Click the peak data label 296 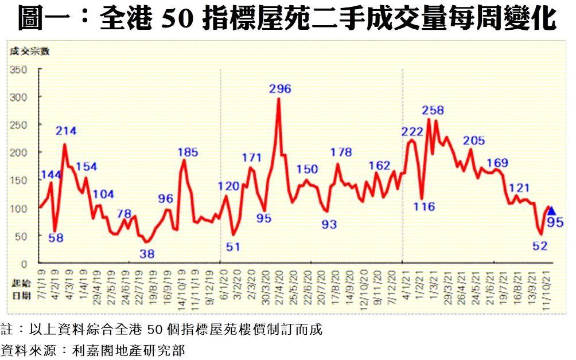pyautogui.click(x=281, y=89)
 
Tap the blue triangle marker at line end pyautogui.click(x=551, y=211)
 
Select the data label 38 pyautogui.click(x=147, y=253)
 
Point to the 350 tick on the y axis pyautogui.click(x=20, y=70)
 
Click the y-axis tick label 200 pyautogui.click(x=20, y=152)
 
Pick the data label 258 pyautogui.click(x=433, y=110)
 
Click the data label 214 pyautogui.click(x=66, y=131)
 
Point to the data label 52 pyautogui.click(x=540, y=246)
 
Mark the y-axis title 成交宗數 pyautogui.click(x=29, y=52)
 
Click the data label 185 pyautogui.click(x=188, y=152)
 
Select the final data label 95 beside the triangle pyautogui.click(x=555, y=223)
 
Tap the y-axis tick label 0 pyautogui.click(x=24, y=264)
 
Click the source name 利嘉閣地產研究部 pyautogui.click(x=128, y=349)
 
